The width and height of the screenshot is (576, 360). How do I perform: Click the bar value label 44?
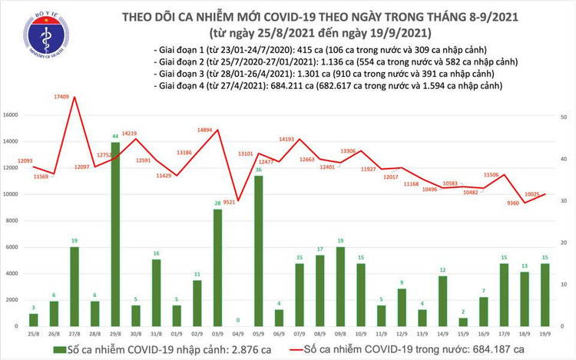115,136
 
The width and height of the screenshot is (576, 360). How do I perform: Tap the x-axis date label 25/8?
33,335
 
